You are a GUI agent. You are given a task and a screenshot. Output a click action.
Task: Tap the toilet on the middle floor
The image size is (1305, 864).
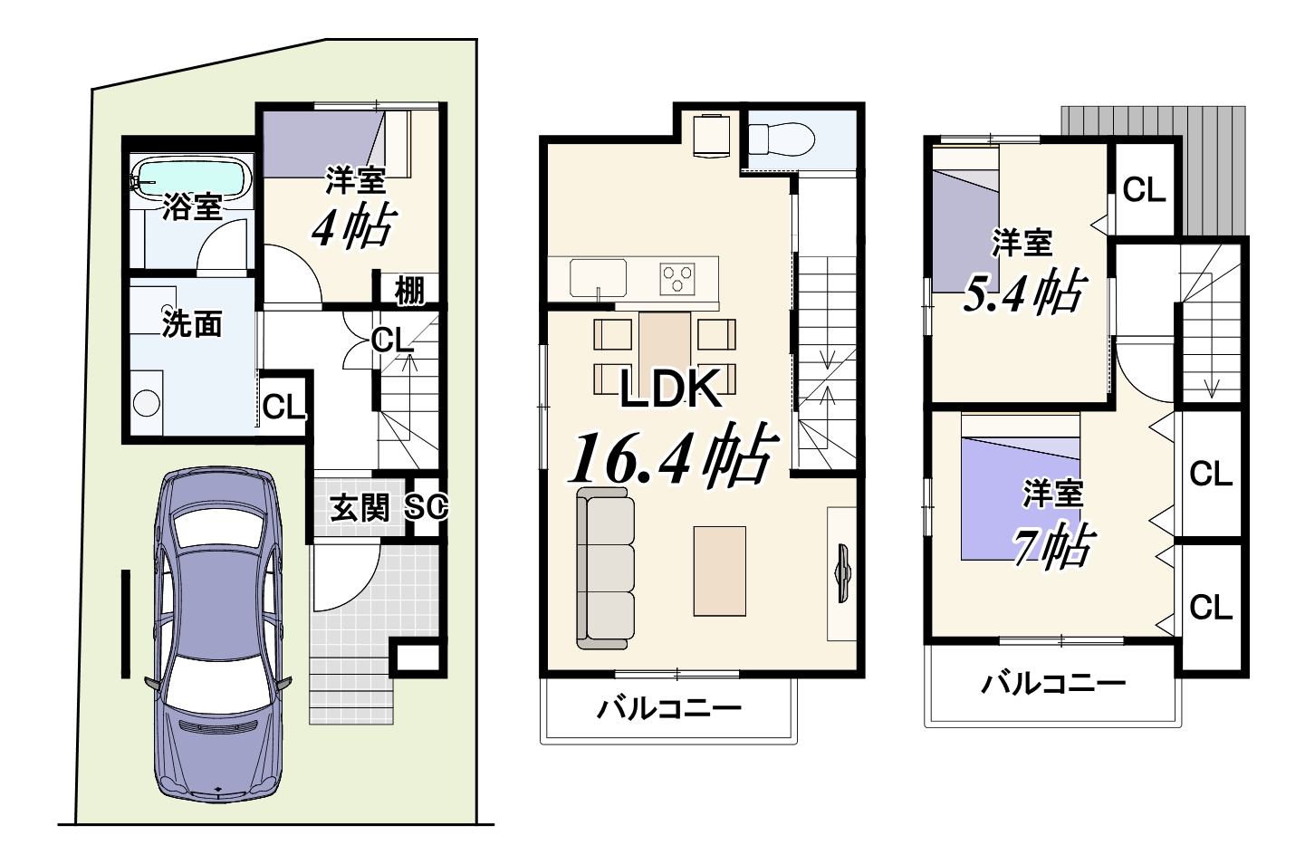click(x=782, y=139)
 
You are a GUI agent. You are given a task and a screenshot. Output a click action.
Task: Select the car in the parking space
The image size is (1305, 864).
click(x=218, y=607)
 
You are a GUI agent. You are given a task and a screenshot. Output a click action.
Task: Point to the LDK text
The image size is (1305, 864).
click(x=670, y=389)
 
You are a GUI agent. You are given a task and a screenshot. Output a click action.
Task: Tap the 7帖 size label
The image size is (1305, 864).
click(x=1051, y=546)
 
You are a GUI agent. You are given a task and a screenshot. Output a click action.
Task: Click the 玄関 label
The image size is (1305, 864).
click(x=360, y=509)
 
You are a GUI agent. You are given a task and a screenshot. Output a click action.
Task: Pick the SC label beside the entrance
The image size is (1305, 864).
click(x=427, y=507)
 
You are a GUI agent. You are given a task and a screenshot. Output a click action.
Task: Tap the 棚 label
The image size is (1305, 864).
click(x=409, y=291)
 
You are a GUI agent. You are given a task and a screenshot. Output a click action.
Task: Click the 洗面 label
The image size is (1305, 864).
click(x=192, y=324)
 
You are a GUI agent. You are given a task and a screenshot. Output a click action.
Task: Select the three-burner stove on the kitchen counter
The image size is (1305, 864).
click(x=677, y=279)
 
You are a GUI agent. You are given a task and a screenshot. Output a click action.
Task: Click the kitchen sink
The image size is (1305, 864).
click(x=599, y=278)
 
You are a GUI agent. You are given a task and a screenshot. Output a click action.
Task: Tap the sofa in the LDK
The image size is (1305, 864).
click(x=605, y=569)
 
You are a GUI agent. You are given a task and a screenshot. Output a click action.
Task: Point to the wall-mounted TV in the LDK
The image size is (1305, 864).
click(x=843, y=572)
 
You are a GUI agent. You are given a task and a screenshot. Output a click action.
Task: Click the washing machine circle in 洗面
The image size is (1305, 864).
click(x=146, y=403)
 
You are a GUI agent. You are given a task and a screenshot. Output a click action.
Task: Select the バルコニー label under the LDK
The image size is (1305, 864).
click(x=669, y=709)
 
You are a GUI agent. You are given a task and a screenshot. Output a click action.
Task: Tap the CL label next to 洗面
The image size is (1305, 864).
click(x=283, y=407)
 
